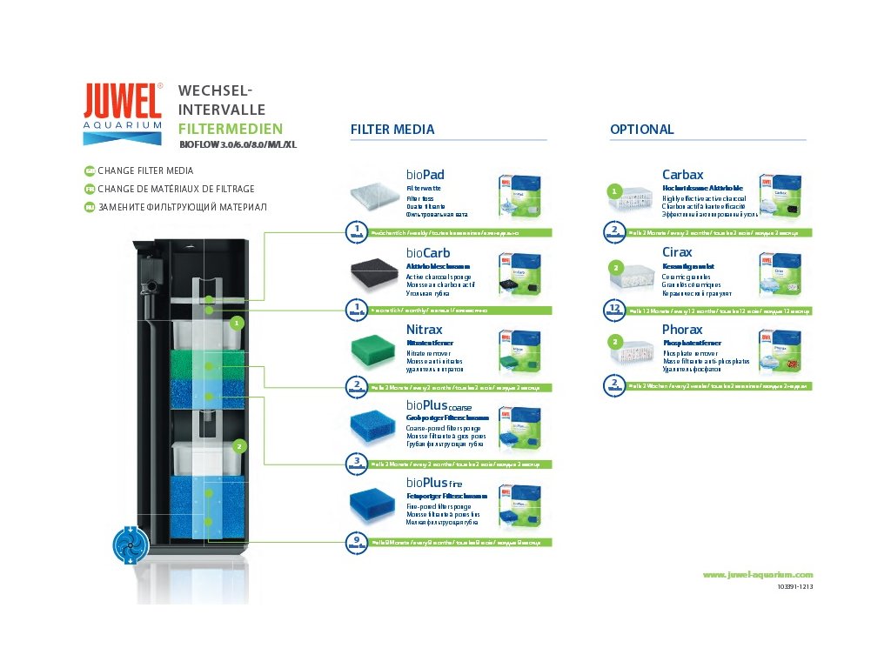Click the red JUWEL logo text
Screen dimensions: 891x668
[x=123, y=101]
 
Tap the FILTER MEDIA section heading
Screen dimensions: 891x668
[x=392, y=130]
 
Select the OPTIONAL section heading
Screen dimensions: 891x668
[x=641, y=130]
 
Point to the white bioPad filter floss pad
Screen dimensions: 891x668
[x=373, y=195]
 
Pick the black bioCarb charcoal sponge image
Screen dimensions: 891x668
[x=373, y=276]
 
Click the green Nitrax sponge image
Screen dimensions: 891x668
[x=373, y=351]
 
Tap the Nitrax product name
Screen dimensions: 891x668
[x=425, y=330]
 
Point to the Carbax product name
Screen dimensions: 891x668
[x=683, y=175]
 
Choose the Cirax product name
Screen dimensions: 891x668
[x=678, y=252]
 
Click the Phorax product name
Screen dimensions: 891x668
[x=682, y=330]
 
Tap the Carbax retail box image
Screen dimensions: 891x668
[x=780, y=197]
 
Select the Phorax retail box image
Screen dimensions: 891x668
[x=780, y=352]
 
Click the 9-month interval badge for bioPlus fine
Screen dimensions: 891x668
[x=357, y=542]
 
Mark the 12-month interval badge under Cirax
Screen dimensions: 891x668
[x=614, y=310]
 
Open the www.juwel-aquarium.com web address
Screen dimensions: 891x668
[x=757, y=574]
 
